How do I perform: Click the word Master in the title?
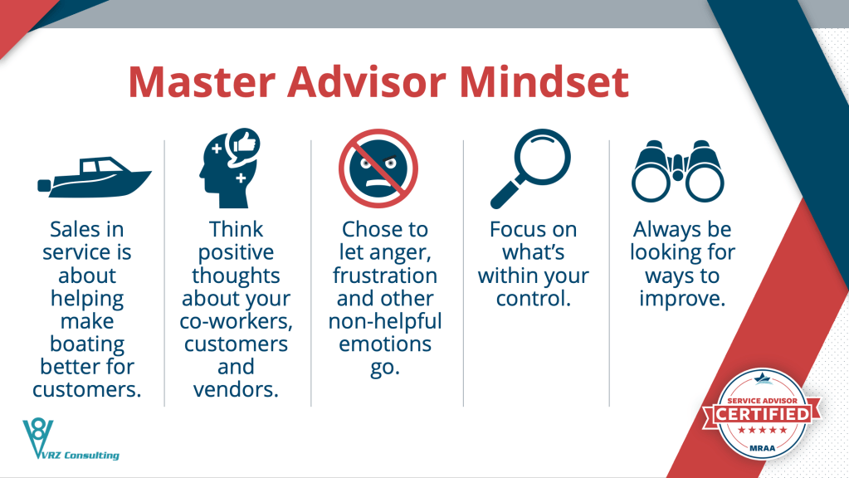point(202,82)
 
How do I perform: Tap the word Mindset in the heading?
point(544,82)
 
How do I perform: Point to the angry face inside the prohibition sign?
point(378,169)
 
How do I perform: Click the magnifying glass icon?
point(530,168)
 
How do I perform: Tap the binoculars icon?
point(677,170)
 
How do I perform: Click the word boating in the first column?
point(86,345)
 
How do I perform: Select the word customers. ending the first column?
point(86,390)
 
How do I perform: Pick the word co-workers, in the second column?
point(236,321)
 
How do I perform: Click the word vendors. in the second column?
point(236,390)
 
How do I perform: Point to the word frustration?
point(385,276)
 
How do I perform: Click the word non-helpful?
point(385,321)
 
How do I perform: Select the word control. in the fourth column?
point(534,299)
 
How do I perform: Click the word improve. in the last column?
point(682,299)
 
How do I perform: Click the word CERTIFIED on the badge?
point(763,415)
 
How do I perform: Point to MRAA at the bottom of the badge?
point(763,448)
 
